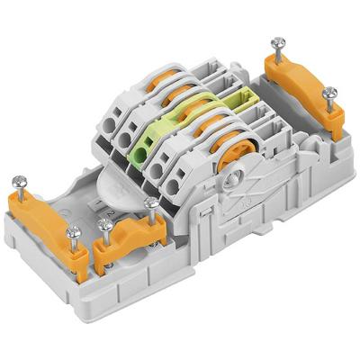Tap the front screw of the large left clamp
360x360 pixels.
(73, 232)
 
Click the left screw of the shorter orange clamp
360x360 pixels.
(105, 224)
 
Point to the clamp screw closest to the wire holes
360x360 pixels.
(152, 204)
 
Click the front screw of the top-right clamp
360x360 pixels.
(329, 93)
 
